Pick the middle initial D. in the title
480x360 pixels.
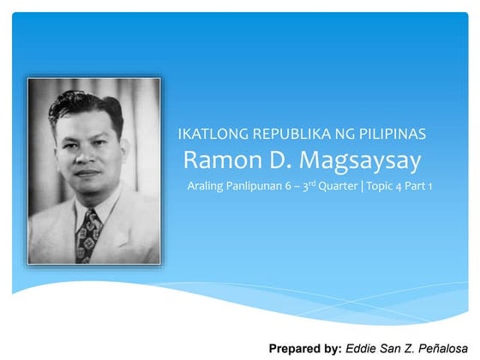click(x=269, y=159)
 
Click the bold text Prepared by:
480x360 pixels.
click(x=305, y=349)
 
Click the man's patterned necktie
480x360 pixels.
click(x=88, y=233)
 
